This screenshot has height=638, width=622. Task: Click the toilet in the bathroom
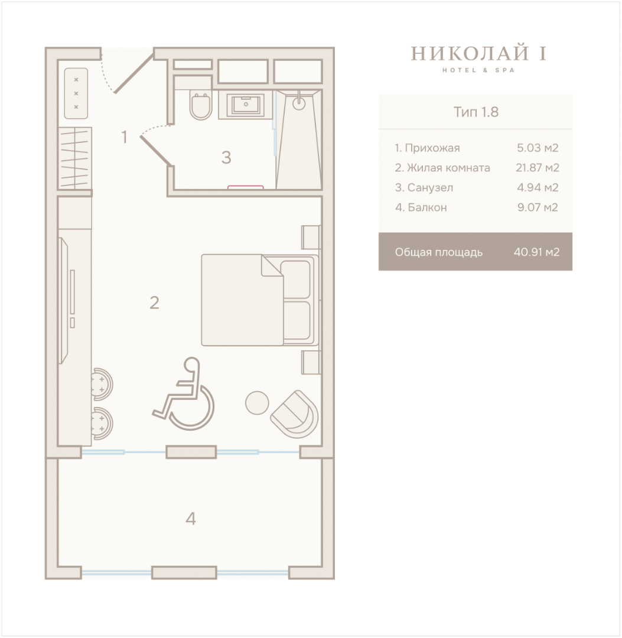(201, 106)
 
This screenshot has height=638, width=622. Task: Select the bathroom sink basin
(246, 104)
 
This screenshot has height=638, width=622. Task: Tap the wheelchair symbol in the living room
(184, 393)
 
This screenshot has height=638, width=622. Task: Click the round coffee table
(257, 402)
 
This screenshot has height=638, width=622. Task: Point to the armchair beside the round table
(295, 414)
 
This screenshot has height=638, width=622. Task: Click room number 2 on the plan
(154, 302)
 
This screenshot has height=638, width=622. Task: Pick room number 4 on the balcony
(191, 519)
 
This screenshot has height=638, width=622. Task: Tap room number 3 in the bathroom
(226, 158)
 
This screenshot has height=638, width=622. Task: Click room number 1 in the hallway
(125, 137)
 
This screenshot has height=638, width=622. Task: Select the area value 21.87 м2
(538, 168)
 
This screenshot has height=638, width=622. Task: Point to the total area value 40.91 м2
(536, 252)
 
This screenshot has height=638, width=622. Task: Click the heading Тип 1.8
(476, 112)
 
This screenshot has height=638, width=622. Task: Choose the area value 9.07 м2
(538, 207)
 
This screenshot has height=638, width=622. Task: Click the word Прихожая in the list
(432, 148)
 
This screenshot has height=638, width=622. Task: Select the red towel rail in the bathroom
(245, 187)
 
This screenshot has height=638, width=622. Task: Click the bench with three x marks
(76, 93)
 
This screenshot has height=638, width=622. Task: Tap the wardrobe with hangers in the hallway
(75, 158)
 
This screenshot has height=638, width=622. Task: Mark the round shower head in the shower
(299, 103)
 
